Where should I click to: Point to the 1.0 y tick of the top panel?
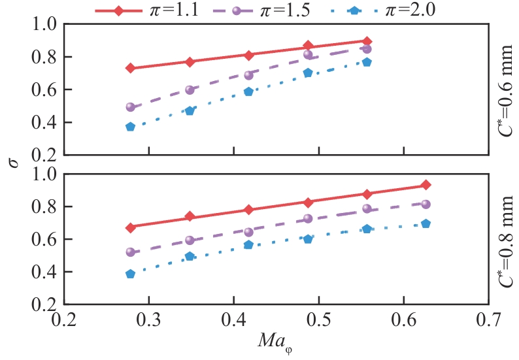[45, 25]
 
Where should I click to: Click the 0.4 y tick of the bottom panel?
[45, 272]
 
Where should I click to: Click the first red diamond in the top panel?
[130, 68]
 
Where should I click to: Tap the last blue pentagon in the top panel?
[367, 62]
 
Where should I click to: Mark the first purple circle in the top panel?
[130, 107]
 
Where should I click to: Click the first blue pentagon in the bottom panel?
[130, 274]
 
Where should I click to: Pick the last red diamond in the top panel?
[367, 41]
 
